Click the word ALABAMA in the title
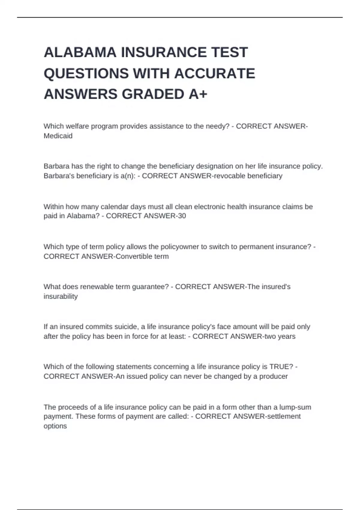tap(80, 52)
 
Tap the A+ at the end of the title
tap(198, 94)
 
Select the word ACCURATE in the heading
tap(214, 73)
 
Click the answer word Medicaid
tap(58, 136)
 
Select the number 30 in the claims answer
tap(182, 216)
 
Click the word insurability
tap(61, 296)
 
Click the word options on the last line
tap(55, 426)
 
